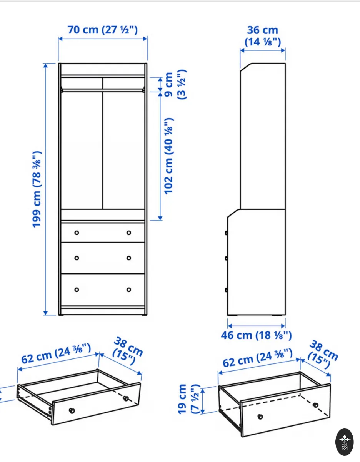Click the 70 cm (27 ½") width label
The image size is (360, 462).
pos(103,30)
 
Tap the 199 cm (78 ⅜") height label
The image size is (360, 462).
pos(36,189)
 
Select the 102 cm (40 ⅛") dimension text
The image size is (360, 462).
pos(169,156)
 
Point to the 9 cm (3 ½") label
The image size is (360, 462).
pos(175,84)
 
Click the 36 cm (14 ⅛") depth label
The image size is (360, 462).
pos(263,36)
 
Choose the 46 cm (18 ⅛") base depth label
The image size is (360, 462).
pos(256,335)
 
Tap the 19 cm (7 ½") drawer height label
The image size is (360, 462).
pos(188,399)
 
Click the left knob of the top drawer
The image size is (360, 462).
pos(77,233)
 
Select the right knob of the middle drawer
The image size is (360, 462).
pos(129,258)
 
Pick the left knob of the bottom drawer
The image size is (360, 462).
pos(77,290)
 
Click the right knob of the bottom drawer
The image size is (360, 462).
pos(129,290)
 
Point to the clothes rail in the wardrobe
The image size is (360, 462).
pos(103,90)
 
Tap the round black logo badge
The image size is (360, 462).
pos(344,442)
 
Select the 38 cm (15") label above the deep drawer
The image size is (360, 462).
pos(323,355)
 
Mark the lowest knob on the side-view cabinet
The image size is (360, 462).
pos(227,290)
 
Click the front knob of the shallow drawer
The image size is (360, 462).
pos(72,410)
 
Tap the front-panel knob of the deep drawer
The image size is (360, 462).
pos(260,417)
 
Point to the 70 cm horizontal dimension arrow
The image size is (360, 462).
pos(103,39)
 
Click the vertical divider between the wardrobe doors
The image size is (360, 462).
pos(103,143)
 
